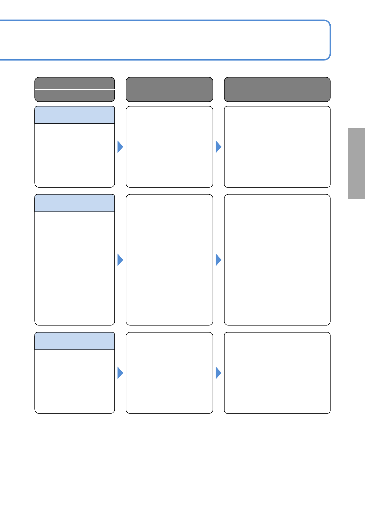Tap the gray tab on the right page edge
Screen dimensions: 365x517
356,164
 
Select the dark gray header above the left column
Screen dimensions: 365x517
75,89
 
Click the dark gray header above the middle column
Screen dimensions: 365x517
169,89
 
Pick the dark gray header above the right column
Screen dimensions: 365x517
277,89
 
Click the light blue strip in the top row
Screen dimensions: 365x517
75,115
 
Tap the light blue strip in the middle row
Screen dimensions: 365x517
75,203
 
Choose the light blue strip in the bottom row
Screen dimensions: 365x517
75,341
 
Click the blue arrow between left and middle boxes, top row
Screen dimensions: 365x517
120,147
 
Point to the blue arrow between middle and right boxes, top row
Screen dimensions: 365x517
218,147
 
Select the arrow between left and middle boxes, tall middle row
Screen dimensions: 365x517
120,260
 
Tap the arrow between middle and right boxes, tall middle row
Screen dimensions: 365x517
218,260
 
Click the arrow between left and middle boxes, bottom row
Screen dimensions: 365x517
120,373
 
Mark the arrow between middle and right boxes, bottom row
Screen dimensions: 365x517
218,373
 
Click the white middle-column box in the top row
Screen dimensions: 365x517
169,147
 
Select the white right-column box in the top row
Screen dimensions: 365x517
277,147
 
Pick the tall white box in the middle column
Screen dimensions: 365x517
169,260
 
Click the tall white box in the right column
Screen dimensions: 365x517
277,260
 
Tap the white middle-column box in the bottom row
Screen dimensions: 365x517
169,373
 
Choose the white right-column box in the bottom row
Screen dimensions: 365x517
277,373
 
